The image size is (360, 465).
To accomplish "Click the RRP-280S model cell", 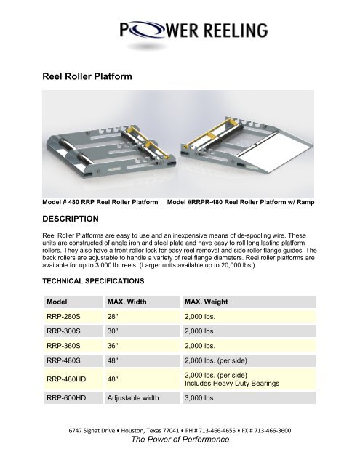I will click(64, 318).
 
